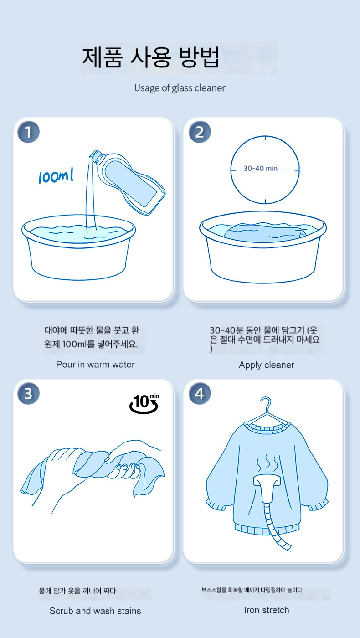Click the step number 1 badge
click(28, 132)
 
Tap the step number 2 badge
click(200, 132)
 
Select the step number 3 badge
click(28, 394)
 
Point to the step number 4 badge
click(200, 394)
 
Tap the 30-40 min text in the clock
click(260, 168)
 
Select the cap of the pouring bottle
click(95, 156)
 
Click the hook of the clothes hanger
click(266, 405)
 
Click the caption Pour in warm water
click(95, 365)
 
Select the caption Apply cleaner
click(267, 365)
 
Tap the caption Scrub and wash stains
click(95, 611)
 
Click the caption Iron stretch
click(267, 610)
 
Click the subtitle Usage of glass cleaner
click(180, 88)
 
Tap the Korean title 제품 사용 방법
click(150, 57)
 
